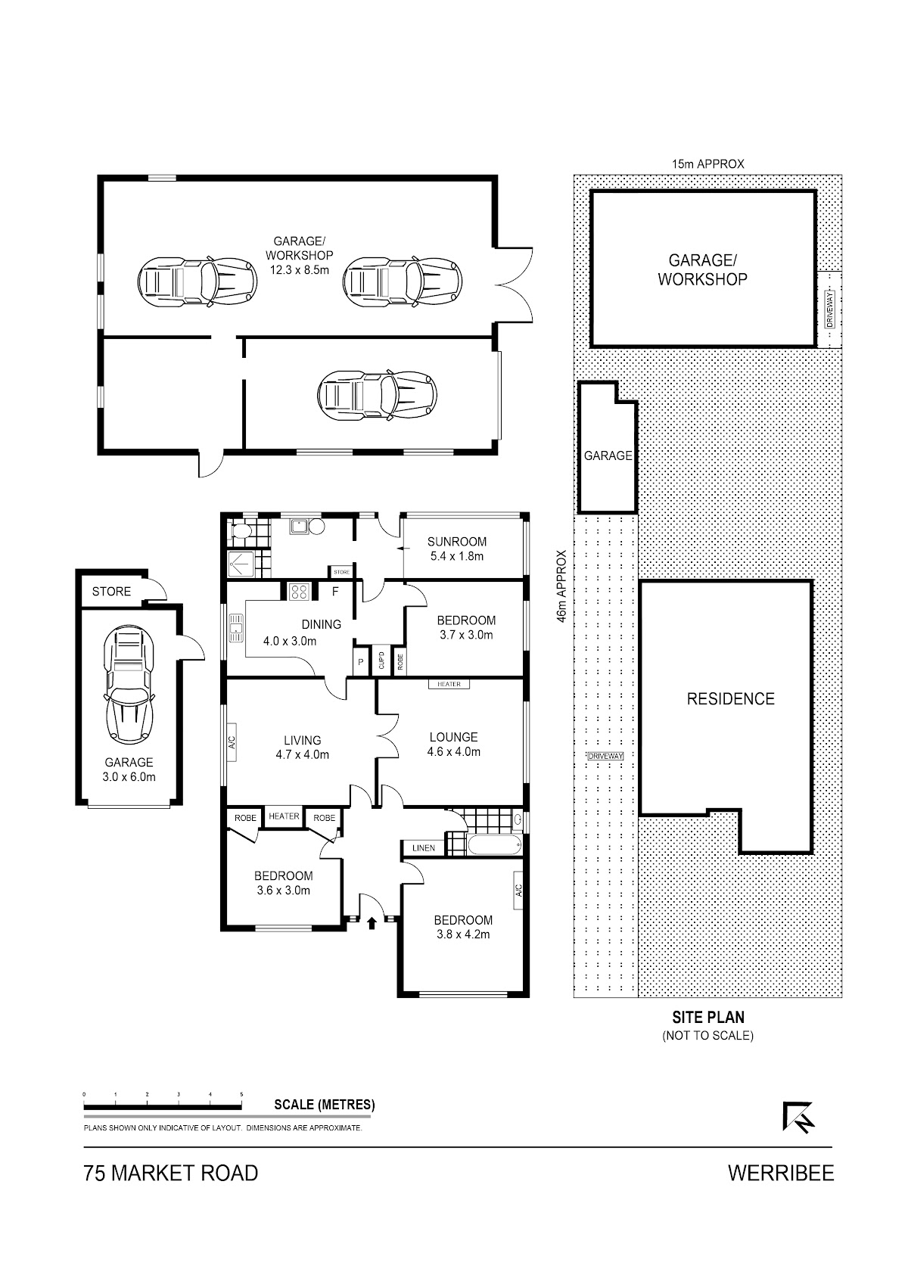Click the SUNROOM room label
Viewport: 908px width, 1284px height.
coord(457,541)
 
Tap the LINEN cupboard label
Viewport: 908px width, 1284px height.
coord(424,847)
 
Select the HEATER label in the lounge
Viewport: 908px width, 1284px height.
coord(449,684)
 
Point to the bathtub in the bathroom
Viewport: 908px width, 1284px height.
coord(494,844)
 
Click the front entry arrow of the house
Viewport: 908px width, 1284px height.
coord(372,922)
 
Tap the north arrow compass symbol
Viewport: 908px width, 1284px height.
coord(798,1117)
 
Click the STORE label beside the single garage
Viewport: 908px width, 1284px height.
coord(111,591)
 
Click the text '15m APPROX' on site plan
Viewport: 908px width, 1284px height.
coord(708,164)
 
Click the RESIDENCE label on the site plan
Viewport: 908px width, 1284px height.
coord(730,699)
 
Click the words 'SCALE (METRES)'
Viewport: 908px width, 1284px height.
coord(325,1105)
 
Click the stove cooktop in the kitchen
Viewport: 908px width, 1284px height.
coord(298,591)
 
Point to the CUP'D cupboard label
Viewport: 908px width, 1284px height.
coord(381,661)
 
